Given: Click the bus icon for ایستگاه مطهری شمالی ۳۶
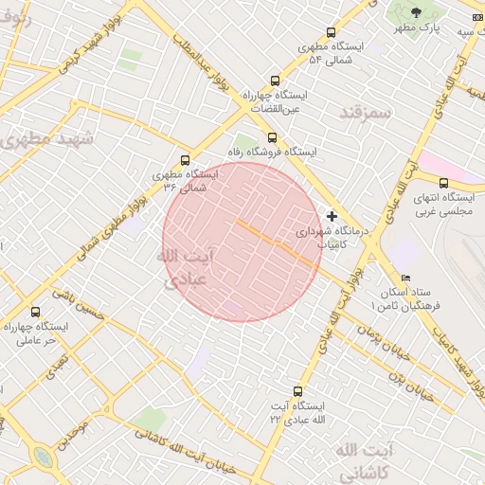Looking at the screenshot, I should point(184,160).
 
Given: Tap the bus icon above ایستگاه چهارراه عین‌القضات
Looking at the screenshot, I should point(275,81).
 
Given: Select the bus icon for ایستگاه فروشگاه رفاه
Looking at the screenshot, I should point(273,137).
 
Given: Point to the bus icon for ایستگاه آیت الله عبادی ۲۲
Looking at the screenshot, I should point(298,391).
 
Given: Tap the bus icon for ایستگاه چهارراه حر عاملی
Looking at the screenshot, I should point(36,312).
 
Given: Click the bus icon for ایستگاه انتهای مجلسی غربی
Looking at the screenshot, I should point(443,183).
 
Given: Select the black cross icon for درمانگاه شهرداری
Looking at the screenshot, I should point(332,216).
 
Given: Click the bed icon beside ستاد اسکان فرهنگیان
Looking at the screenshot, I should point(406,278).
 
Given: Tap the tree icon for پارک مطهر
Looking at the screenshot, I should point(417,12).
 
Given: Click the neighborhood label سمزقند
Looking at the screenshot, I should point(364,113).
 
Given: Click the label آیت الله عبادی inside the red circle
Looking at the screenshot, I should point(185,268).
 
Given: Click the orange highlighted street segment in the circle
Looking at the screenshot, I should point(276,242).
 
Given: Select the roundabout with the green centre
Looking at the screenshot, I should point(43,458).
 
